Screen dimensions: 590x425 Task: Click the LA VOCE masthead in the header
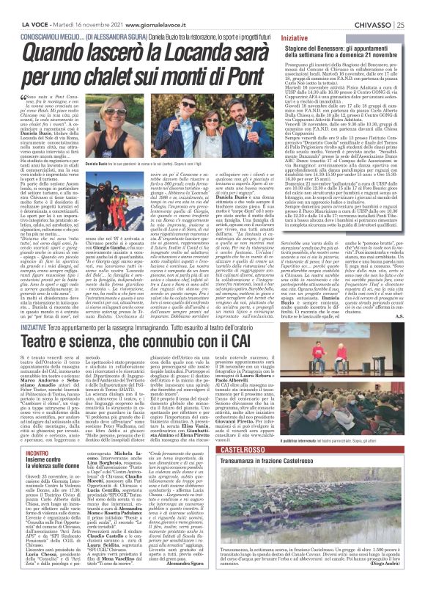pos(19,6)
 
